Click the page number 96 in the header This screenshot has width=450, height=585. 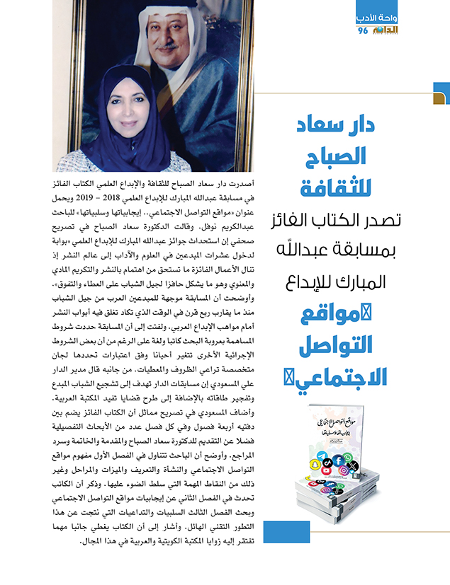pyautogui.click(x=363, y=31)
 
